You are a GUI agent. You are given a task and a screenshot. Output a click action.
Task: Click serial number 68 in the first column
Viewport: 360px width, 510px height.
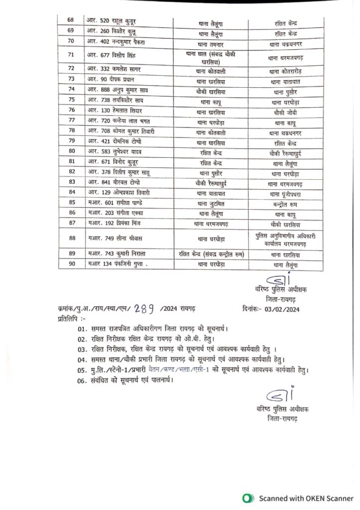(x=70, y=20)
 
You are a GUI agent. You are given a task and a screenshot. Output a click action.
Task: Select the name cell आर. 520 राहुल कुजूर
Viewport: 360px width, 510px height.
(x=112, y=21)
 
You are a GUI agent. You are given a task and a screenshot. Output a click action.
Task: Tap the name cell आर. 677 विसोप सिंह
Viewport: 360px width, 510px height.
(x=110, y=55)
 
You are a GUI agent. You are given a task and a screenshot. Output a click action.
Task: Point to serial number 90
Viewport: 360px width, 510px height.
(x=72, y=264)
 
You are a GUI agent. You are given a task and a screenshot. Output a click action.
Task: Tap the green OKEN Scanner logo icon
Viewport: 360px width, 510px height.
(x=245, y=498)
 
